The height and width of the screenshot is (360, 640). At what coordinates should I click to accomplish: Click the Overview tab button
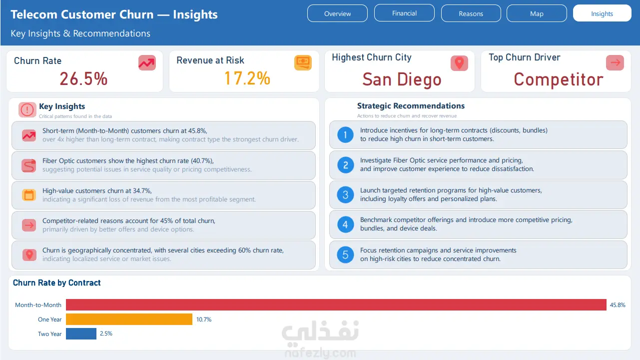point(337,13)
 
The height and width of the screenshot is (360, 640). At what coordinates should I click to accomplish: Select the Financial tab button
point(404,13)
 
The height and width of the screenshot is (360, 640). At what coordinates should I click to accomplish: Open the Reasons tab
point(471,13)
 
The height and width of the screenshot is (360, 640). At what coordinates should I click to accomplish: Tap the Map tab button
point(537,13)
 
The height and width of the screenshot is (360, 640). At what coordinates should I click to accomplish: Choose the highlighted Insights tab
point(602,13)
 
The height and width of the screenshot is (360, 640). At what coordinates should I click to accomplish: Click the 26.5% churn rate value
point(83,78)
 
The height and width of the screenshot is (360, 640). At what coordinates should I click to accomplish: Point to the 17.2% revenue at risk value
point(247,78)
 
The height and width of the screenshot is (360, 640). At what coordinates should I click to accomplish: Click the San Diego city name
point(402,79)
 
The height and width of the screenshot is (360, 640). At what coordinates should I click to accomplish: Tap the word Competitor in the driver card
point(559,79)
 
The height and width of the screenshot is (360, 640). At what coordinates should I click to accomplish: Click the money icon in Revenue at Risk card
point(303,62)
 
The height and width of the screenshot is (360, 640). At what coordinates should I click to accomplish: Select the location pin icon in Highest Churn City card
point(459,63)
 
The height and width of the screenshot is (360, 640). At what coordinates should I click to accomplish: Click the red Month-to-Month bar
point(336,304)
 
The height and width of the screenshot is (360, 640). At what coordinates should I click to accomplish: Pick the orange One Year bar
point(129,319)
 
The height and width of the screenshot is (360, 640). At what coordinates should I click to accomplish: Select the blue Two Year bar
point(81,333)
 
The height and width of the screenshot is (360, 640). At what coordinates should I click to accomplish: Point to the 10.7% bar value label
point(204,319)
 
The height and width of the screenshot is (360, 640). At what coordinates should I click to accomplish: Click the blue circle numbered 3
point(345,194)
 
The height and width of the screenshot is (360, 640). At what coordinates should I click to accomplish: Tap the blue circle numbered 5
point(345,254)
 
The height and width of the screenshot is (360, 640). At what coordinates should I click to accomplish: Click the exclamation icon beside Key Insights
point(27,109)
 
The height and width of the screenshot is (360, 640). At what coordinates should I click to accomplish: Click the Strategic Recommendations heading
point(411,106)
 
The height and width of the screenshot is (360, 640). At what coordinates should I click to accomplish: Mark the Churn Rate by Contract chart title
point(56,283)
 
